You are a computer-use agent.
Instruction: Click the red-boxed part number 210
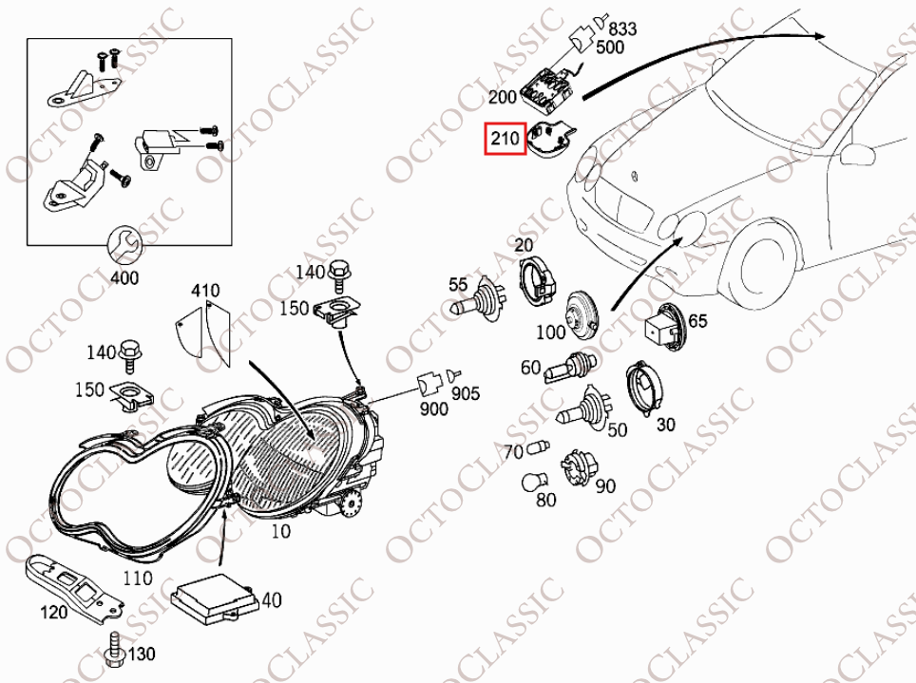pyautogui.click(x=505, y=139)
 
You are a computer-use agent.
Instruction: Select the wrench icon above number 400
pyautogui.click(x=124, y=245)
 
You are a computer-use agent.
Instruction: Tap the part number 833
pyautogui.click(x=622, y=28)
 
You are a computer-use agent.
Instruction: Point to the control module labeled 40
pyautogui.click(x=214, y=596)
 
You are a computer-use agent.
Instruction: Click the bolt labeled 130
pyautogui.click(x=114, y=650)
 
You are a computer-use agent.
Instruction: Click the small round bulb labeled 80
pyautogui.click(x=535, y=482)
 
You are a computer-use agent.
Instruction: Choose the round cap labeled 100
pyautogui.click(x=582, y=313)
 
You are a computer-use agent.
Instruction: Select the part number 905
pyautogui.click(x=465, y=393)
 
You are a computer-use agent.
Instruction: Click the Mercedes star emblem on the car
pyautogui.click(x=633, y=176)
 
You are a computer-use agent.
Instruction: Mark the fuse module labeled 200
pyautogui.click(x=549, y=89)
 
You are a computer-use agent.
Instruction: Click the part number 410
pyautogui.click(x=205, y=291)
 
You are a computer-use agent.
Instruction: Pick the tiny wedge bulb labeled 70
pyautogui.click(x=538, y=448)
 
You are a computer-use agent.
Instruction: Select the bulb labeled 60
pyautogui.click(x=571, y=367)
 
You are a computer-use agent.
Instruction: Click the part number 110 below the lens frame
pyautogui.click(x=137, y=578)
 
